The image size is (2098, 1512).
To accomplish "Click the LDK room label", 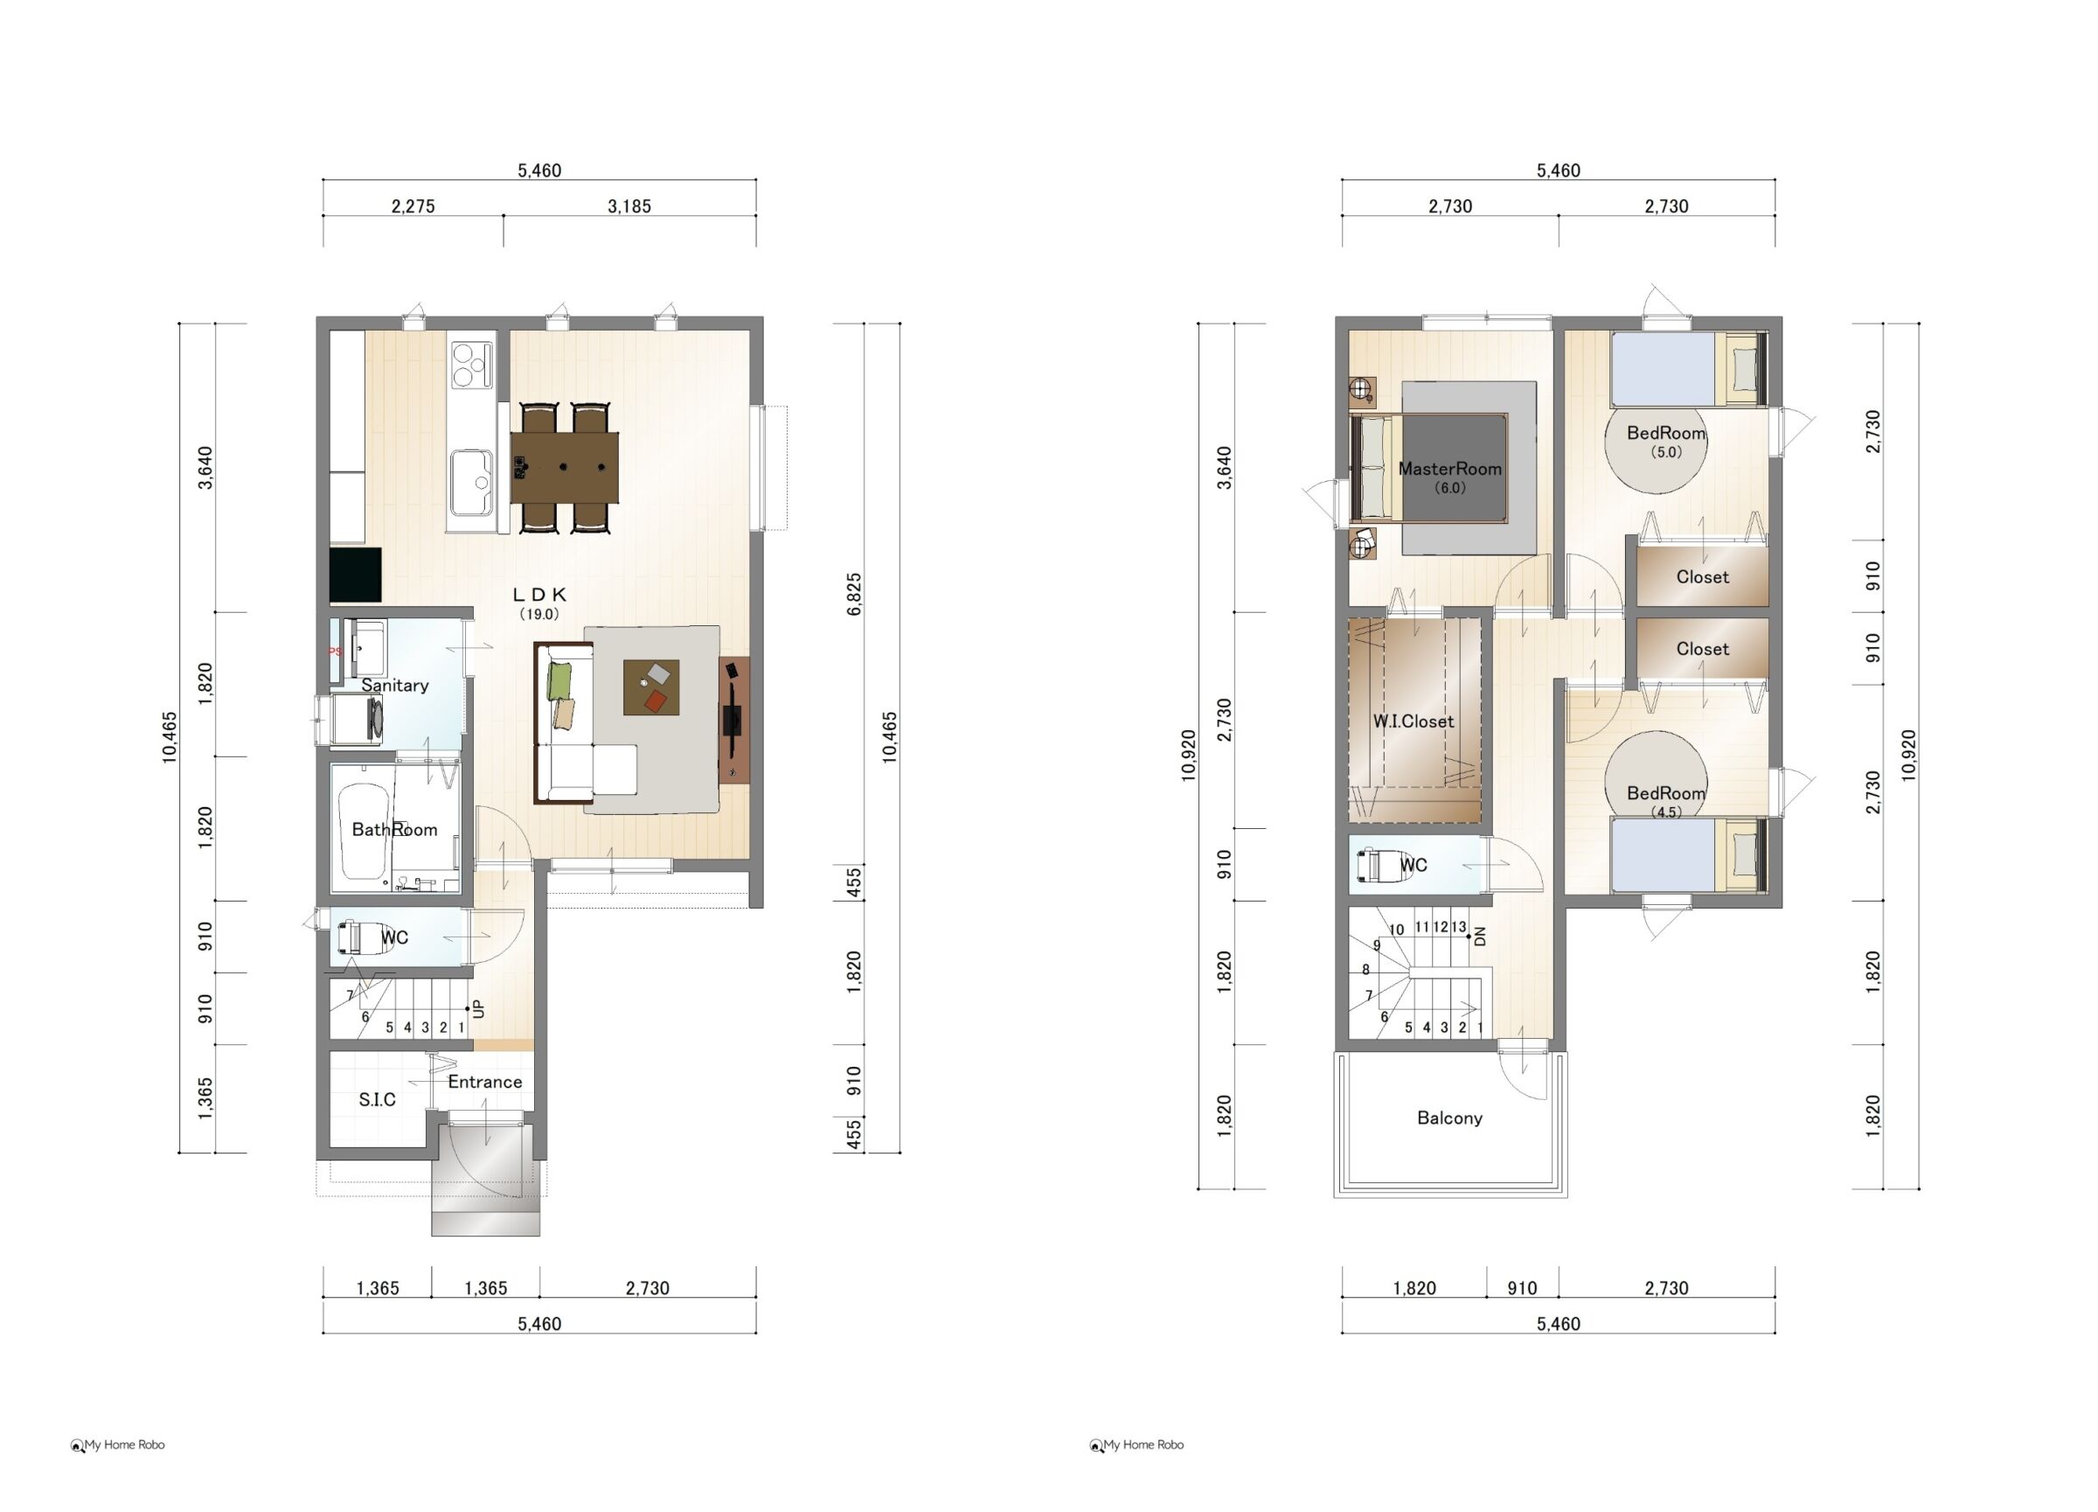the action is click(539, 595).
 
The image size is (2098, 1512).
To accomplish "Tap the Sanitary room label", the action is click(395, 686).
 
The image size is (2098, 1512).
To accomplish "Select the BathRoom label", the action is click(395, 830).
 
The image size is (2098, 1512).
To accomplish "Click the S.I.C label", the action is click(378, 1099).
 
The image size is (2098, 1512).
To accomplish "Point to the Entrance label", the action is click(484, 1082).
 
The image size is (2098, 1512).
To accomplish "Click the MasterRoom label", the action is click(1449, 469).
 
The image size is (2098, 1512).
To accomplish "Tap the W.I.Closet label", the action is click(1414, 721).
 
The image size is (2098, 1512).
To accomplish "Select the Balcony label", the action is click(1449, 1118).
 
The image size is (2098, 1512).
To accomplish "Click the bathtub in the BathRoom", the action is click(363, 832).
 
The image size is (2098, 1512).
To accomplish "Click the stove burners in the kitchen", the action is click(471, 364).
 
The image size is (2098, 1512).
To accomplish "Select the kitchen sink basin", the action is click(472, 483).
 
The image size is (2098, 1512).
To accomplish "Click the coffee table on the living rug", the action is click(651, 686).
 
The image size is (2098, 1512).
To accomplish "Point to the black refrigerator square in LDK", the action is click(356, 575).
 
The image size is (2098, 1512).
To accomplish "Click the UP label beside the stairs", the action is click(478, 1007).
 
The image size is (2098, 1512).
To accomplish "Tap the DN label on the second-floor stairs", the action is click(1479, 936).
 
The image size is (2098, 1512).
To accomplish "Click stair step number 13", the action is click(1459, 926).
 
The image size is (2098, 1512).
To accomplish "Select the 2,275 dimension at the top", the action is click(413, 206).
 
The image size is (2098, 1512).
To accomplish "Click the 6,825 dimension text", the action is click(855, 595).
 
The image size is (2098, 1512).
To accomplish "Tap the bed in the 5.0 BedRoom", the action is click(1689, 369).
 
